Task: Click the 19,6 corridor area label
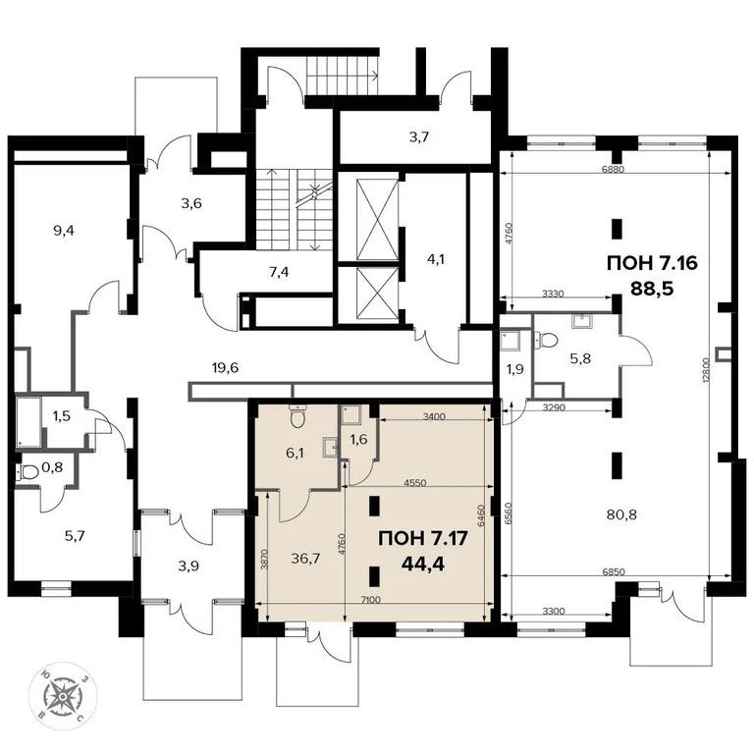(x=226, y=369)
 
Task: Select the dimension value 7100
(x=372, y=600)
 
